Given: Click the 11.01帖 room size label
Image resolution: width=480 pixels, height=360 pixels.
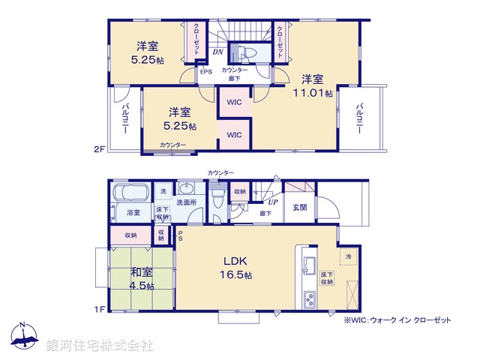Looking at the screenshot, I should (313, 92).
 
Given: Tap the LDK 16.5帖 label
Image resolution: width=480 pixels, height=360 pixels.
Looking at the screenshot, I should (235, 268).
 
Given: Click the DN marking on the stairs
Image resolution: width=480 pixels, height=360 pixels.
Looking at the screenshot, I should (217, 52).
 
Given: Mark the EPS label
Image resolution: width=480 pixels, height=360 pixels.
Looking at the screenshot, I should (205, 72).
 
